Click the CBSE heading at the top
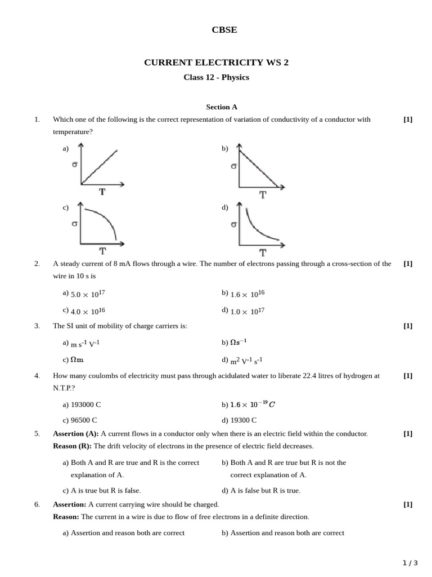(x=224, y=30)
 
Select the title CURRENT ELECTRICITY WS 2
(x=216, y=63)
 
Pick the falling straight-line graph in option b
(x=259, y=169)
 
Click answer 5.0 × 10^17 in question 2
(x=87, y=294)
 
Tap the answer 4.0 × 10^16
(x=87, y=310)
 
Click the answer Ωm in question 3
(x=77, y=359)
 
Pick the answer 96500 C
(x=84, y=420)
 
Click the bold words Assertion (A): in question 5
(x=76, y=433)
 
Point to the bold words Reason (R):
(x=72, y=446)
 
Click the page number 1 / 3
(x=410, y=562)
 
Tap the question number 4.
(x=37, y=375)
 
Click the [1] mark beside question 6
(x=408, y=504)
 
